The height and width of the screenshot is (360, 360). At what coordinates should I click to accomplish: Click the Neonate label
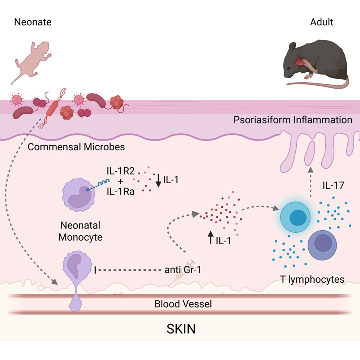(x=33, y=22)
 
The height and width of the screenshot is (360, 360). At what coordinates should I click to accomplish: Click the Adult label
(x=321, y=22)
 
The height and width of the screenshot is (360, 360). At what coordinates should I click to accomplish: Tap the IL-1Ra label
(x=121, y=192)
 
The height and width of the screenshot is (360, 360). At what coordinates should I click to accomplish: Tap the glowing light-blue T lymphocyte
(x=295, y=215)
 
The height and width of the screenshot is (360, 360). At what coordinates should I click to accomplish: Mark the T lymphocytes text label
(x=312, y=279)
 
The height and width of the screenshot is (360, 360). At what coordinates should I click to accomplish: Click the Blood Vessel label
(x=183, y=304)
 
